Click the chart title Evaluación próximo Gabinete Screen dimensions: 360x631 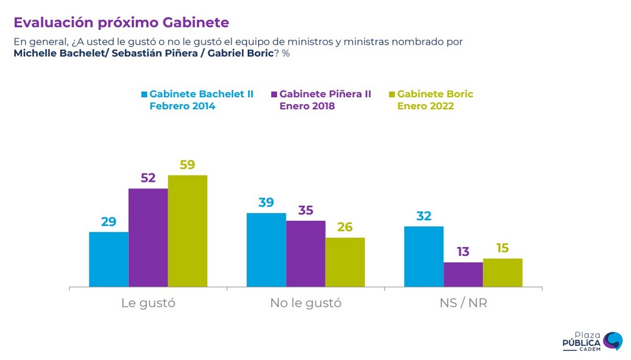coord(121,23)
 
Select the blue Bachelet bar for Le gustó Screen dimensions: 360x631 coord(109,260)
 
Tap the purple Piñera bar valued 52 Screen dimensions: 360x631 coord(148,238)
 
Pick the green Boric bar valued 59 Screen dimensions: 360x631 coord(188,231)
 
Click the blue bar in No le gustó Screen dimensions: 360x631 coord(266,250)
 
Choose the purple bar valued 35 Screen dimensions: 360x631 coord(306,254)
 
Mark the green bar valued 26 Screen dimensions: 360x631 coord(345,262)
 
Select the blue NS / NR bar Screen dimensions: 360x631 coord(424,256)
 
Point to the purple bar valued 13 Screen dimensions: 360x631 coord(463,274)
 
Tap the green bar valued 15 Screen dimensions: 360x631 coord(503,273)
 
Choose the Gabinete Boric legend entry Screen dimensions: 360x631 coord(431,100)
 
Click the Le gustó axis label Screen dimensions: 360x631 coord(148,303)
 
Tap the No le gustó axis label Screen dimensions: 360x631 coord(306,303)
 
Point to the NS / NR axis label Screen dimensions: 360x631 coord(463,303)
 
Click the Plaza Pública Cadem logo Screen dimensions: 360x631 coord(592,342)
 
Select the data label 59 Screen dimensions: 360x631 coord(188,165)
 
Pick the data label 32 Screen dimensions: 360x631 coord(424,216)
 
